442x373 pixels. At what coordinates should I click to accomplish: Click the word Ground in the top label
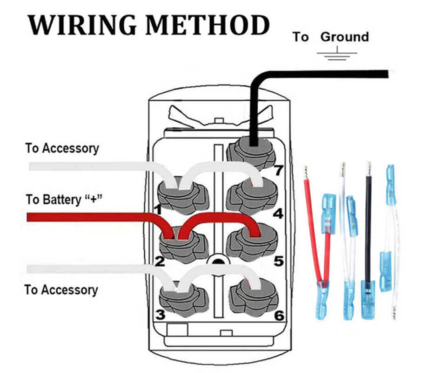coord(344,37)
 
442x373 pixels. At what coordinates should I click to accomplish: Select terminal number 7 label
coord(278,171)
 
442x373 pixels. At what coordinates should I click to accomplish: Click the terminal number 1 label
coord(158,211)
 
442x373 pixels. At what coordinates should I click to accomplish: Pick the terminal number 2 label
coord(160,262)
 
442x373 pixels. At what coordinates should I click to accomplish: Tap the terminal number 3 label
coord(160,315)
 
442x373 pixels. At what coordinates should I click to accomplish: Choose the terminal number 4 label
coord(278,214)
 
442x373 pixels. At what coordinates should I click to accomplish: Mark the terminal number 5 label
coord(278,262)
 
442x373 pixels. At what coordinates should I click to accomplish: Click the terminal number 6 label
coord(279,316)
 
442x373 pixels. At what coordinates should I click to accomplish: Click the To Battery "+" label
coord(64,200)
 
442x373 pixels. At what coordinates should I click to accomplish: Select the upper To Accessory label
coord(62,149)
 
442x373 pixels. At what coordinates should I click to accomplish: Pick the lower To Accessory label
coord(61,290)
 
